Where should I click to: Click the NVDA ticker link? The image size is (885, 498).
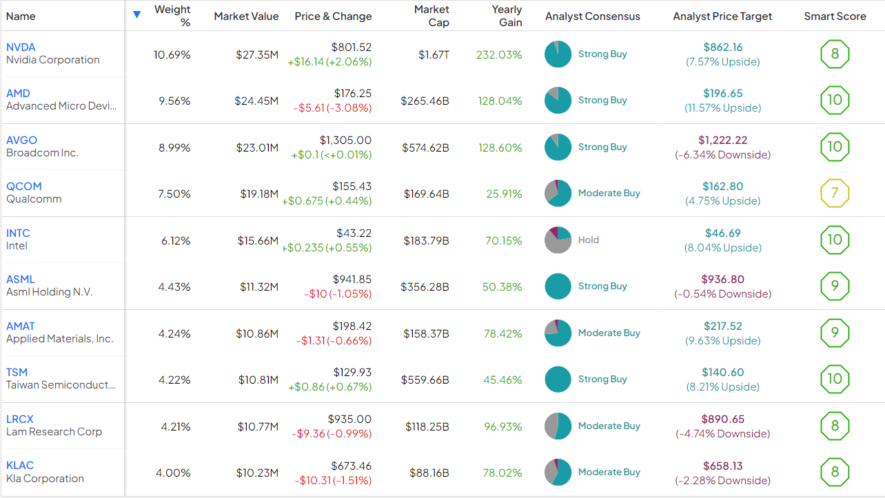[x=21, y=48]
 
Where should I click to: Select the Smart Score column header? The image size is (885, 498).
[x=835, y=16]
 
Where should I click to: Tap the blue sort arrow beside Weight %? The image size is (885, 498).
[x=136, y=14]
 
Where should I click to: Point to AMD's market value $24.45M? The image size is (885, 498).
[x=257, y=101]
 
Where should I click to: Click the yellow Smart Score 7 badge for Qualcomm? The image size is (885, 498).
[x=835, y=194]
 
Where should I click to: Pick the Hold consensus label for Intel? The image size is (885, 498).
[x=589, y=240]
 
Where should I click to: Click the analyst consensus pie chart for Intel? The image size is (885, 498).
[x=558, y=240]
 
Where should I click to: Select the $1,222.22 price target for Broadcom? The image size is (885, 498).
[x=722, y=141]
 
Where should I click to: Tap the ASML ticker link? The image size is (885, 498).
[x=20, y=280]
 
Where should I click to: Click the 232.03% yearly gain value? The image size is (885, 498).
[x=499, y=54]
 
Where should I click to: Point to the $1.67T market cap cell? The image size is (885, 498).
[x=434, y=54]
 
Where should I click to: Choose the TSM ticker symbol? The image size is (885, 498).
[x=17, y=373]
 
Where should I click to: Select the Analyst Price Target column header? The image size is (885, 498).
[x=722, y=16]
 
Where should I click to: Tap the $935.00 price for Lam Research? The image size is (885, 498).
[x=351, y=419]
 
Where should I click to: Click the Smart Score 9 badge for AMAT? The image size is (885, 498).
[x=835, y=333]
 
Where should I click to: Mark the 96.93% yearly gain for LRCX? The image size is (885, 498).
[x=502, y=426]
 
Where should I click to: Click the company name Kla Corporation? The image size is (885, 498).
[x=45, y=479]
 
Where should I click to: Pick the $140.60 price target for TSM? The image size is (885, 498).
[x=723, y=373]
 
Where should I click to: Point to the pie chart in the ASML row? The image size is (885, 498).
[x=558, y=287]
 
